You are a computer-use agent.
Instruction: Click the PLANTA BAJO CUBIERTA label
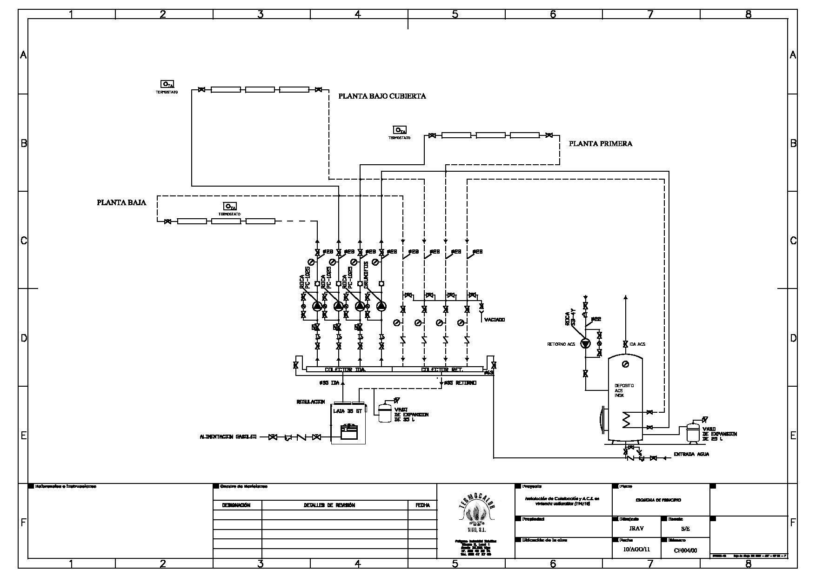click(382, 96)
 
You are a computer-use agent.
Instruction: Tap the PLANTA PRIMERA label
click(600, 144)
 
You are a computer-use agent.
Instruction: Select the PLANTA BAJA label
click(121, 202)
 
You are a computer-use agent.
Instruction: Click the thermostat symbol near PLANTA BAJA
click(230, 206)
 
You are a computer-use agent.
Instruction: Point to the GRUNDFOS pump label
click(367, 272)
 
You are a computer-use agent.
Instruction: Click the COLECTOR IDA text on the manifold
click(345, 370)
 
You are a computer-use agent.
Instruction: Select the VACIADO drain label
click(494, 320)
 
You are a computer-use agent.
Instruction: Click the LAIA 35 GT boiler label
click(348, 411)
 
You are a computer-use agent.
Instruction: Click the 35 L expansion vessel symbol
click(384, 412)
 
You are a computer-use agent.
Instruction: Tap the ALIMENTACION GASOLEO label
click(228, 437)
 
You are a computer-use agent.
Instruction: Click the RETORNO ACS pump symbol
click(585, 344)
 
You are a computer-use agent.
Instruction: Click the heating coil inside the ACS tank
click(626, 420)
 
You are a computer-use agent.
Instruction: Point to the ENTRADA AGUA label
click(691, 454)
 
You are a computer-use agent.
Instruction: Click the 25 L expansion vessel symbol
click(693, 433)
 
